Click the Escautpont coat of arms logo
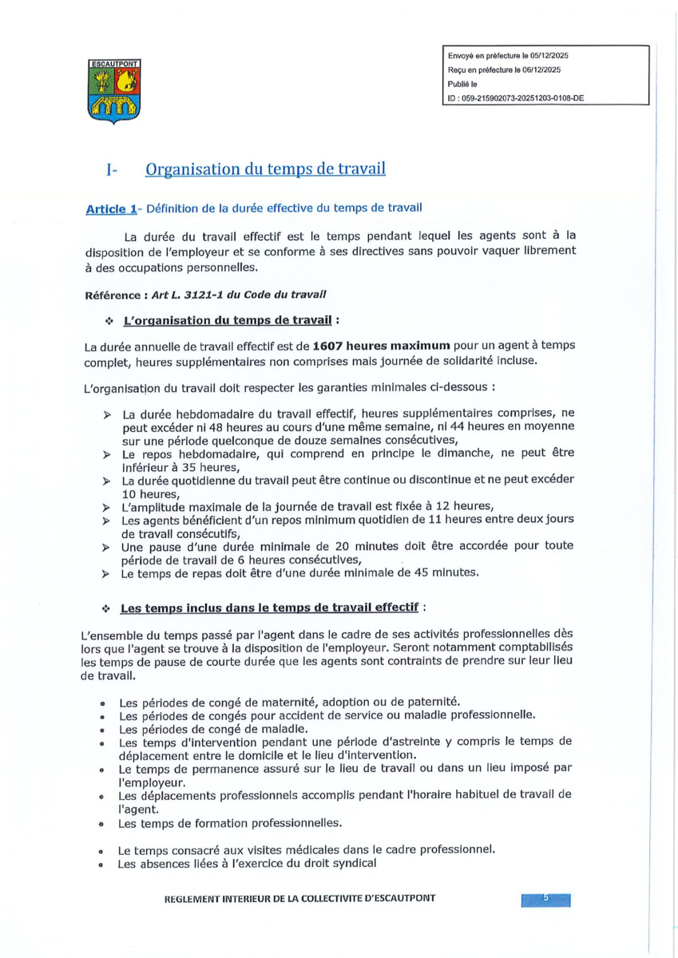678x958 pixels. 111,92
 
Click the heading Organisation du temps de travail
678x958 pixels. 265,169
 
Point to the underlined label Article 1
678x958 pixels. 110,209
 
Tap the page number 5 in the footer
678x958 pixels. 546,899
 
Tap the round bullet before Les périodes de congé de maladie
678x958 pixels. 103,728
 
